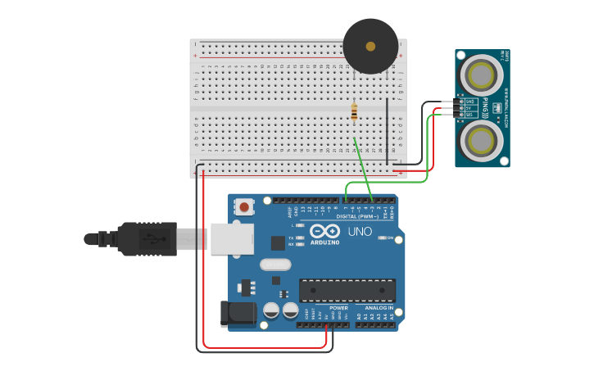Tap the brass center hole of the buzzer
click(370, 46)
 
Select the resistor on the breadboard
click(354, 112)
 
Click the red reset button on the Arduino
click(243, 209)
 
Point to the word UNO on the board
click(360, 232)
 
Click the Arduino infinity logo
click(324, 231)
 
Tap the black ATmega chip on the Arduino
click(347, 290)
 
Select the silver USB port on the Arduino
click(230, 238)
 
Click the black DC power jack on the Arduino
click(237, 314)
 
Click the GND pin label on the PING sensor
click(470, 102)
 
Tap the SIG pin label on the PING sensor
click(470, 115)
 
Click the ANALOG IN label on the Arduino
click(378, 308)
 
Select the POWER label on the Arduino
click(338, 308)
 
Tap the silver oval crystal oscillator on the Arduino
click(275, 264)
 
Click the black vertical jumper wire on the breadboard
click(388, 131)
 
